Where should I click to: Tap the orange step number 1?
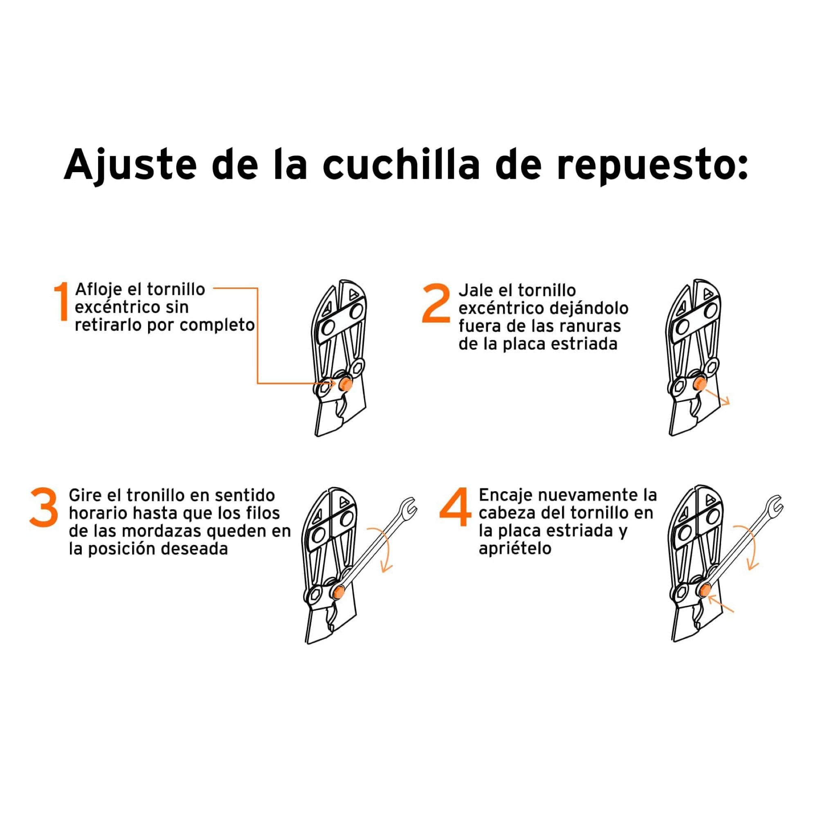click(x=61, y=301)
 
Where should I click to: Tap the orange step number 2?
click(x=436, y=303)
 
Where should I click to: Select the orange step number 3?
click(x=44, y=507)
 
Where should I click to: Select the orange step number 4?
click(x=455, y=506)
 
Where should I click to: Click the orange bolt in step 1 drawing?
click(x=345, y=384)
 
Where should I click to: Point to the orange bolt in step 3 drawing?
click(x=338, y=592)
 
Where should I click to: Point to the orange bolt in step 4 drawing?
click(x=705, y=589)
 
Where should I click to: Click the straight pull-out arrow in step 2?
click(x=718, y=397)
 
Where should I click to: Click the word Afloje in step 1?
click(x=98, y=290)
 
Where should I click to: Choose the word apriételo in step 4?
click(x=515, y=548)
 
